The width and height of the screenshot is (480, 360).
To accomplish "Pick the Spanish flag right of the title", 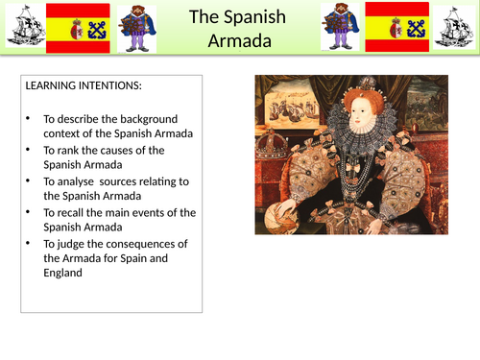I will (394, 27).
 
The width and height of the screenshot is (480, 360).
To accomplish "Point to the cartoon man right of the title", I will (341, 28).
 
